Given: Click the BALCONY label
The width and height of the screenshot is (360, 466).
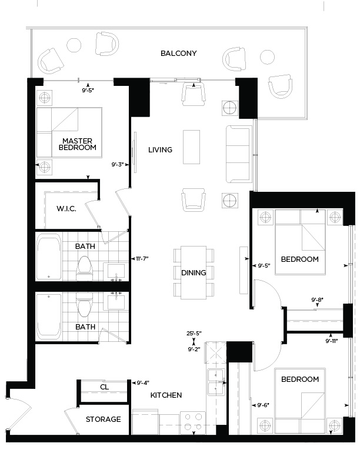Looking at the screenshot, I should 178,54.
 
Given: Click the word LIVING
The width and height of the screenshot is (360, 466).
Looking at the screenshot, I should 160,150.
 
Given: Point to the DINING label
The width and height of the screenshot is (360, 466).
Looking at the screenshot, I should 194,272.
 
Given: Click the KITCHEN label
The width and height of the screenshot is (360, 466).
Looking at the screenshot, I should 165,395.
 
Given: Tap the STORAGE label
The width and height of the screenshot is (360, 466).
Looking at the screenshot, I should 103,420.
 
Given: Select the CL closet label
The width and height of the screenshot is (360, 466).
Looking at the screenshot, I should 104,387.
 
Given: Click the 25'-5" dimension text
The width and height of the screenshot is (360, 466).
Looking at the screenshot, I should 194,334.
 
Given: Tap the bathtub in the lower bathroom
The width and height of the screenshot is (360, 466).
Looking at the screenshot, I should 48,316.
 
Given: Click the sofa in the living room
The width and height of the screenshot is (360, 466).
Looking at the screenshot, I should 239,153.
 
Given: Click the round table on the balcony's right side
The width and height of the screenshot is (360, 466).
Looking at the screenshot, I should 266,56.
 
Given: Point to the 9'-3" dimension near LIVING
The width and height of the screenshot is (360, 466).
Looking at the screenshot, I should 118,165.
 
